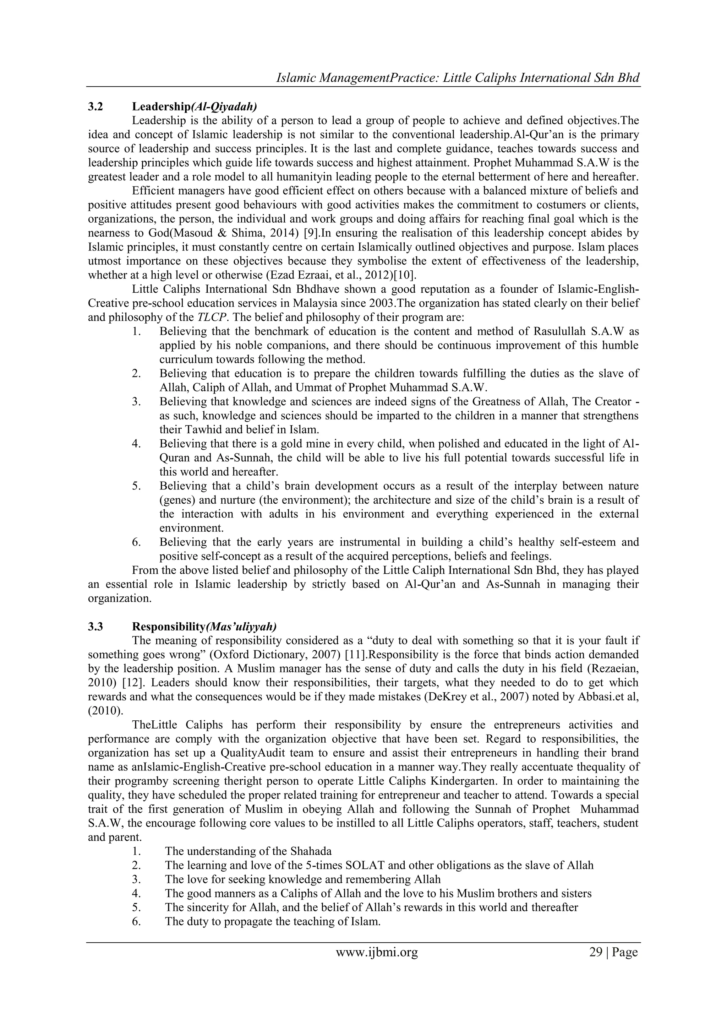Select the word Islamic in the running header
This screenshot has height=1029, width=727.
(x=297, y=78)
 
